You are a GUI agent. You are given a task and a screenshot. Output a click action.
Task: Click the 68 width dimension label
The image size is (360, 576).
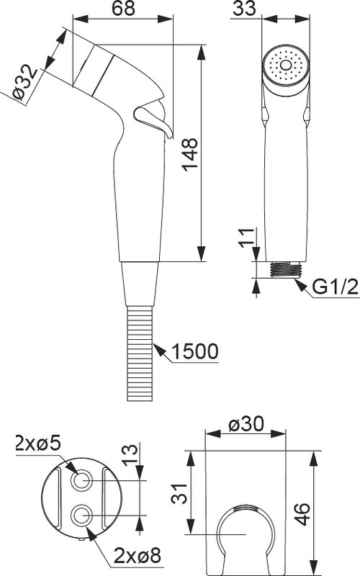pos(123,8)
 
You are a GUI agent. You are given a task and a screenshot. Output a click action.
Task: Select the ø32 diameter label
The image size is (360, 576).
pos(24,82)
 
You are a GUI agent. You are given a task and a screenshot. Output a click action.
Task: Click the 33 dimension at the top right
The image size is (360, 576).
pos(244,8)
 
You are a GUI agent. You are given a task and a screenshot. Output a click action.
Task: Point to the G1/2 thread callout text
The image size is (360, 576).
pos(335,287)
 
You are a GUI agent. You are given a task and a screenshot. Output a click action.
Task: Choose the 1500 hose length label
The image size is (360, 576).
pos(194,351)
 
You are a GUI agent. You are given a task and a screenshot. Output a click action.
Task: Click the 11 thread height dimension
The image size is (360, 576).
pos(247,238)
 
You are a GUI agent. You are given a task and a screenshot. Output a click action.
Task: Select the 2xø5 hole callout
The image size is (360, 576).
pos(38,444)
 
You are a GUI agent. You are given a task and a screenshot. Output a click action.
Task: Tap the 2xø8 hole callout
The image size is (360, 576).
pos(138,556)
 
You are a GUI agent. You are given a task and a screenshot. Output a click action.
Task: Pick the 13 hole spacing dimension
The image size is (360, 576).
pos(130,455)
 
